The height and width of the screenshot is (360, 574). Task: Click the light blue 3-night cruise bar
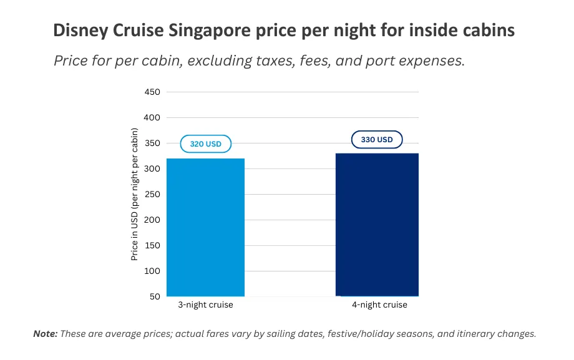point(205,228)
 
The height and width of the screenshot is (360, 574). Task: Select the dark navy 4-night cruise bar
point(377,225)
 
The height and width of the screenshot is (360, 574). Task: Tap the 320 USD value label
point(205,144)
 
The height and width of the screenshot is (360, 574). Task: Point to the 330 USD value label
point(377,140)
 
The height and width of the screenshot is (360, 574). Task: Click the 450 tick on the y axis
point(153,92)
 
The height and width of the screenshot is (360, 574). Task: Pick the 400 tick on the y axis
point(153,118)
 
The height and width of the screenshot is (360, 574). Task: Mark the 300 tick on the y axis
point(153,169)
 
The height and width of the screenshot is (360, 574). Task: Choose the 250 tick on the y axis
point(153,195)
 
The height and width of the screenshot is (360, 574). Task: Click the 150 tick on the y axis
point(153,246)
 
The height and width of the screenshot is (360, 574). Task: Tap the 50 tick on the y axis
point(155,297)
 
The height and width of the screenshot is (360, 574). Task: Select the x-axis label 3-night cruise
point(205,305)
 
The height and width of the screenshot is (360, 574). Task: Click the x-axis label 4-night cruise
point(379,305)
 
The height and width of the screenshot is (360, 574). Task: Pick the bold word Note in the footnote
point(45,334)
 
